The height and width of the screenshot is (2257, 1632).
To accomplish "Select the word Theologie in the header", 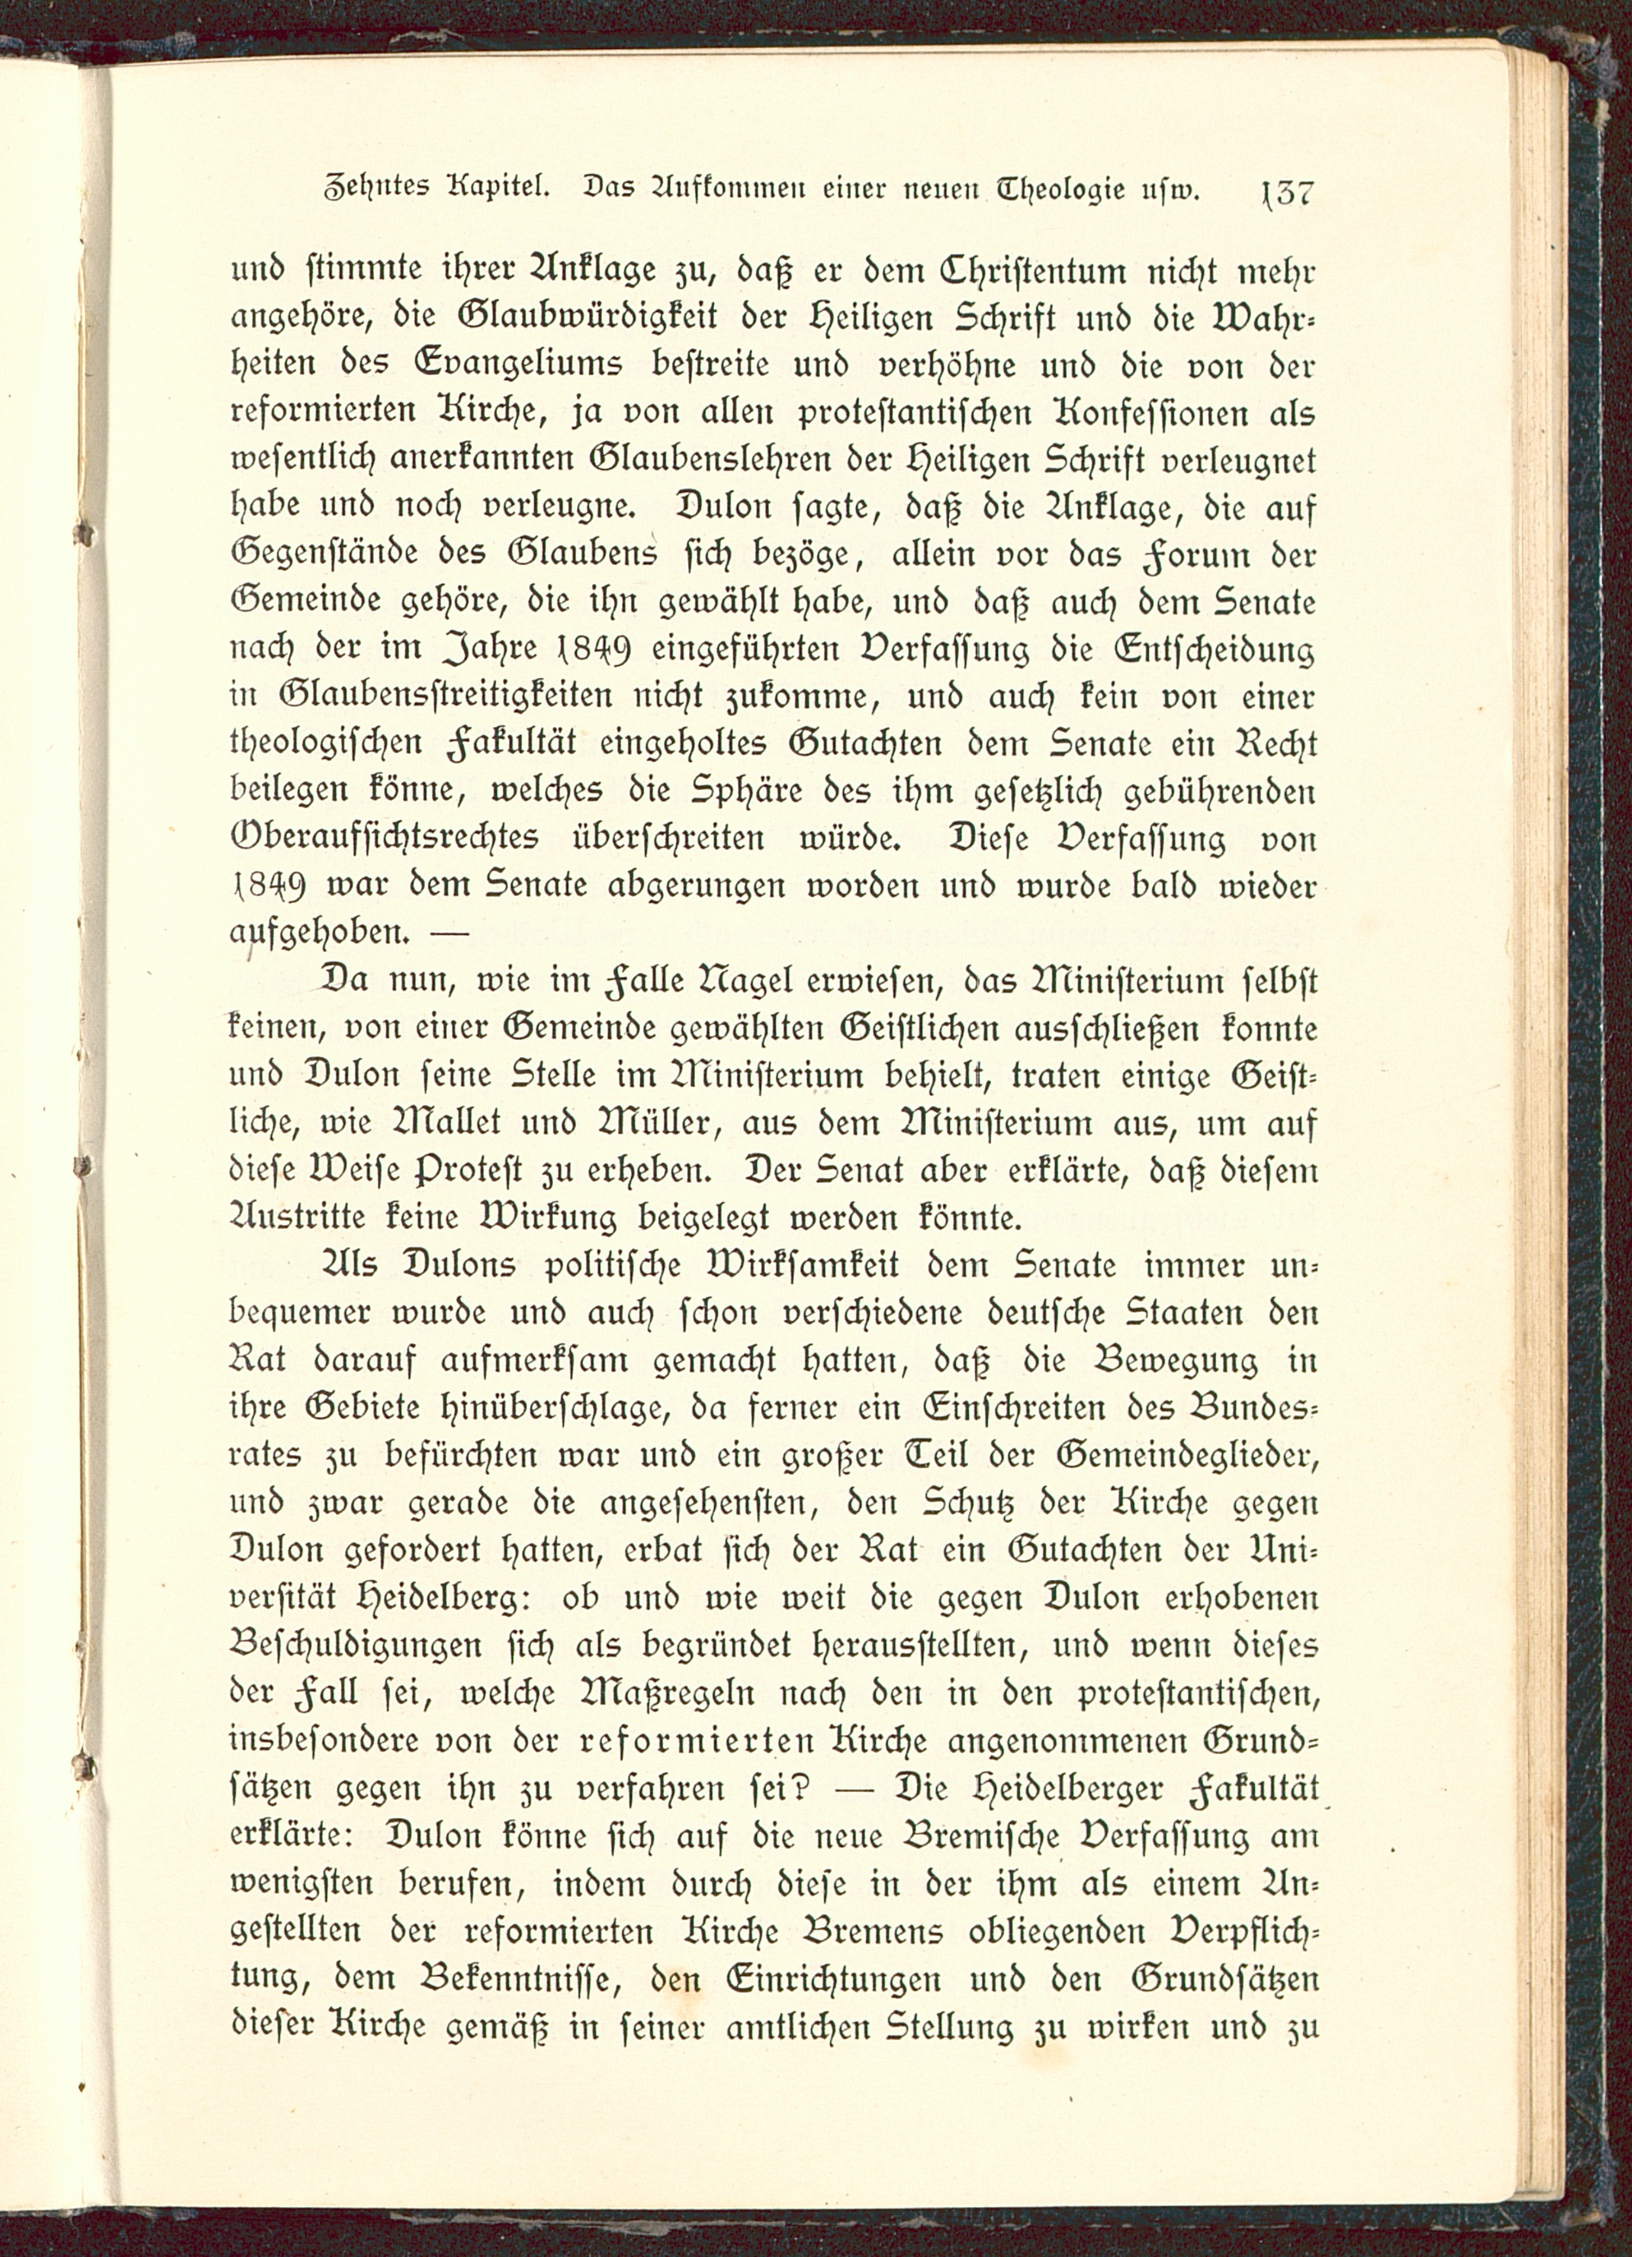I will click(1070, 189).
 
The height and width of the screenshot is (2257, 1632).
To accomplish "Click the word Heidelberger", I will click(1054, 1788).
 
